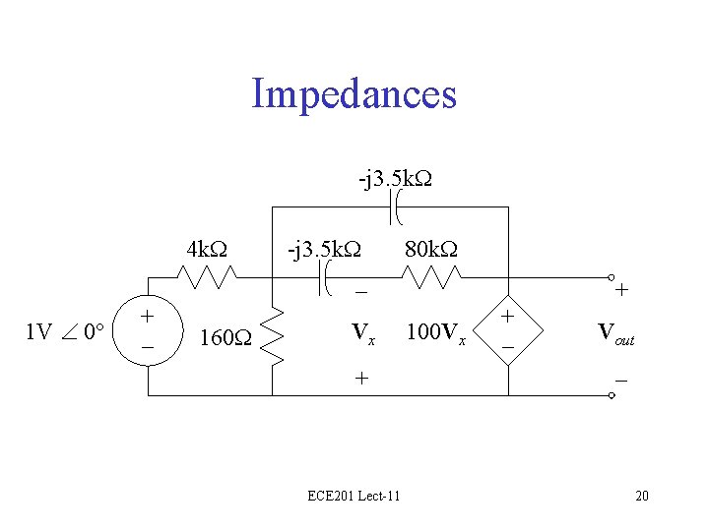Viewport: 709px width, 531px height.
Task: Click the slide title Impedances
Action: click(354, 94)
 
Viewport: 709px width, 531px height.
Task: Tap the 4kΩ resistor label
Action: click(209, 249)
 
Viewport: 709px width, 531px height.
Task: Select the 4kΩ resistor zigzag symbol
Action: click(208, 277)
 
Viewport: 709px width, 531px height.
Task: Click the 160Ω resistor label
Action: click(225, 340)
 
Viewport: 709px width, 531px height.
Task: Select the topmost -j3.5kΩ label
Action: click(397, 180)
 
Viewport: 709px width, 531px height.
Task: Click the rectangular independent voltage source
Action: click(148, 333)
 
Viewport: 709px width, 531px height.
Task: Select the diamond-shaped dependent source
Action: click(509, 330)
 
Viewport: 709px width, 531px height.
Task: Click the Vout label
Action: click(615, 333)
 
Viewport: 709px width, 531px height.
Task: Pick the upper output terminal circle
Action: click(611, 278)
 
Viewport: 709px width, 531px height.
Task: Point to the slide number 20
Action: click(642, 496)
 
